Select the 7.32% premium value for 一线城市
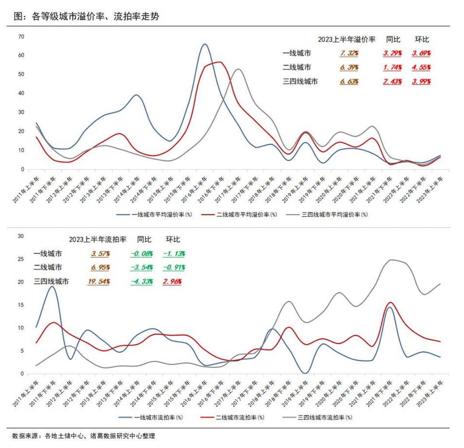click(349, 53)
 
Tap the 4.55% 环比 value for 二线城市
click(421, 67)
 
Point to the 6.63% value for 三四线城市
click(349, 81)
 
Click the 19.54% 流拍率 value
click(98, 281)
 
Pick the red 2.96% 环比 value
click(172, 281)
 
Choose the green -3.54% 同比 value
click(141, 267)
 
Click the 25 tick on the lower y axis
click(19, 259)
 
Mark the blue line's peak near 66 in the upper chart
click(204, 44)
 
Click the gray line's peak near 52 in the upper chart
click(238, 69)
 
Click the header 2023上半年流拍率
click(98, 240)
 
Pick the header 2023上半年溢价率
click(347, 39)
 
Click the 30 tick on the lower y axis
click(19, 236)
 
